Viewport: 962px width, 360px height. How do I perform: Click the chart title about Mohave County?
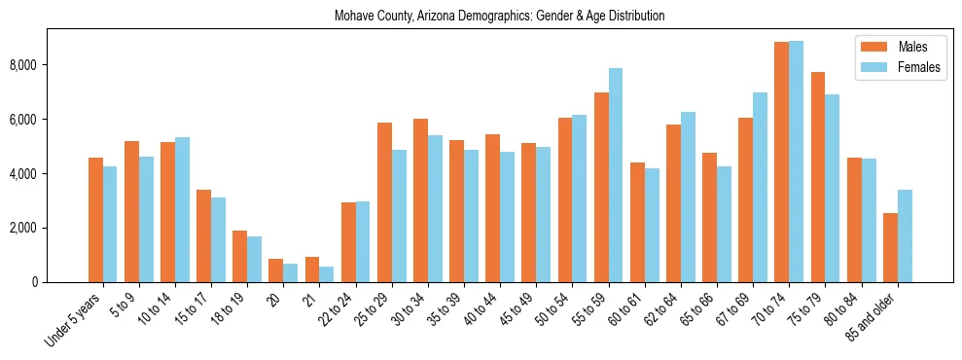pyautogui.click(x=499, y=17)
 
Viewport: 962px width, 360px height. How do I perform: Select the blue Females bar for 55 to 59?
pyautogui.click(x=616, y=175)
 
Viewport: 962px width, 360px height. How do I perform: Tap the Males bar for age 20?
pyautogui.click(x=275, y=270)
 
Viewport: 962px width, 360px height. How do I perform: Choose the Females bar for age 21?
pyautogui.click(x=327, y=274)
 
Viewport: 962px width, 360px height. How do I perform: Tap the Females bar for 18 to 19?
pyautogui.click(x=255, y=259)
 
